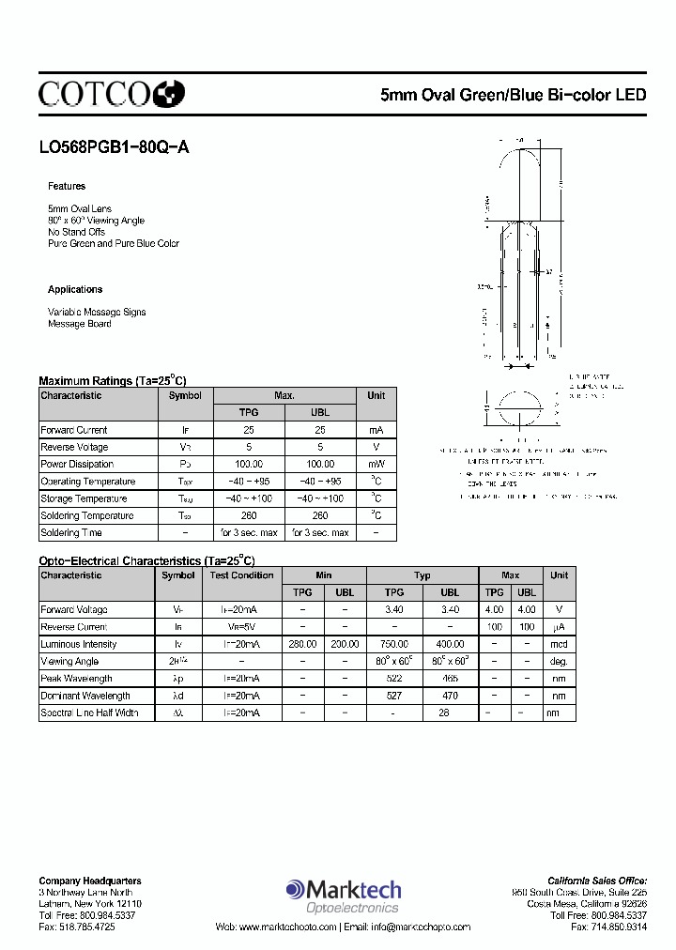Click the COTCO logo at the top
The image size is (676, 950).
click(x=111, y=93)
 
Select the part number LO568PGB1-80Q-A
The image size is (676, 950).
click(x=114, y=147)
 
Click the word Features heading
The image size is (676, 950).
click(x=67, y=187)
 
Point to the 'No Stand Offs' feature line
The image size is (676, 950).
click(x=77, y=232)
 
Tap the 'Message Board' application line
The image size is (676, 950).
click(x=80, y=324)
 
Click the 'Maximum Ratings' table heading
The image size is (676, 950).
click(x=113, y=380)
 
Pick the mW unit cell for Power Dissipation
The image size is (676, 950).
click(x=376, y=465)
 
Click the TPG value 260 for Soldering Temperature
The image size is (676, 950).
click(x=249, y=516)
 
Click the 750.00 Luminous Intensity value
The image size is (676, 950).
click(x=394, y=644)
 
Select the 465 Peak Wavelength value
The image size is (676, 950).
click(x=450, y=679)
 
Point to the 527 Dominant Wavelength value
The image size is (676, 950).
click(x=394, y=696)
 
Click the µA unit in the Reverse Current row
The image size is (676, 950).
click(x=559, y=627)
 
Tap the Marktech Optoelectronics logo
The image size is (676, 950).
click(x=344, y=895)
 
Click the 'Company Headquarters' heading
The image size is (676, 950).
click(x=90, y=881)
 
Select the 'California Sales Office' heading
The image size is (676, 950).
click(x=597, y=881)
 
